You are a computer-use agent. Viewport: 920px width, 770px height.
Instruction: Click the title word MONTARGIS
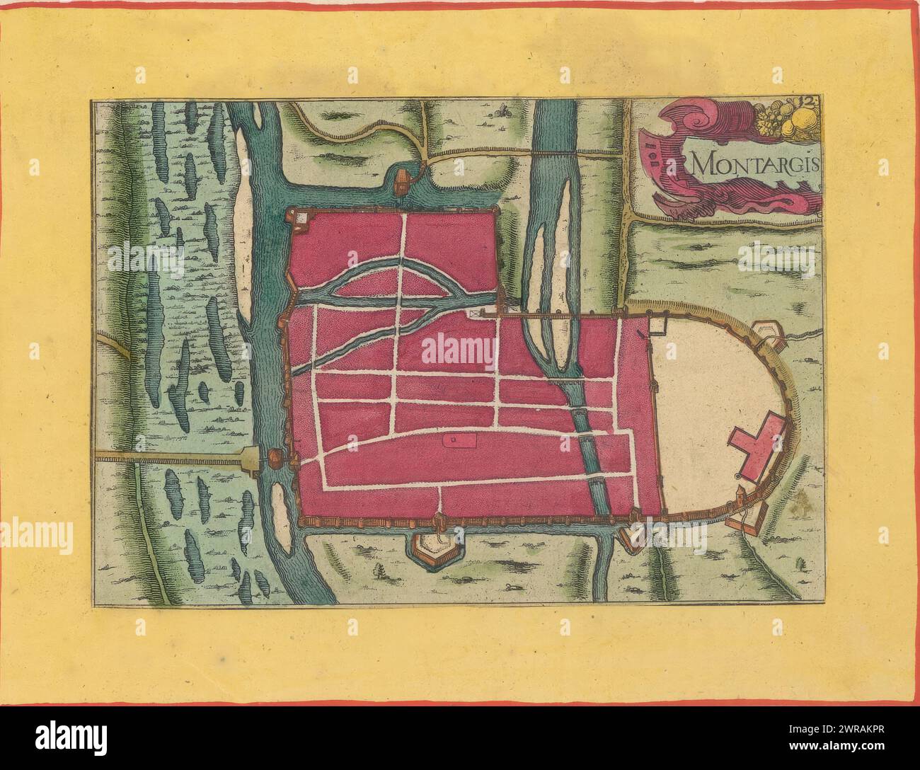click(754, 164)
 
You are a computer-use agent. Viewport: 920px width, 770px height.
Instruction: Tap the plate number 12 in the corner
click(810, 103)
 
